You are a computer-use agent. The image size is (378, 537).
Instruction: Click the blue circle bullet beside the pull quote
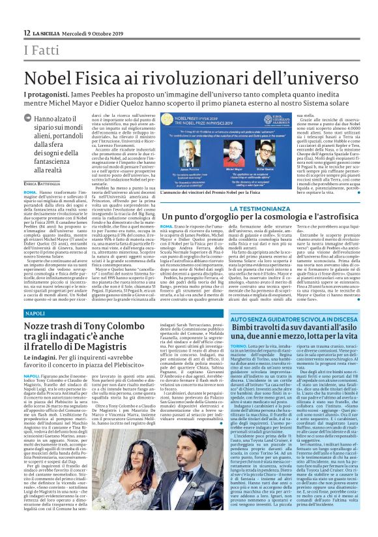[x=28, y=119]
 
